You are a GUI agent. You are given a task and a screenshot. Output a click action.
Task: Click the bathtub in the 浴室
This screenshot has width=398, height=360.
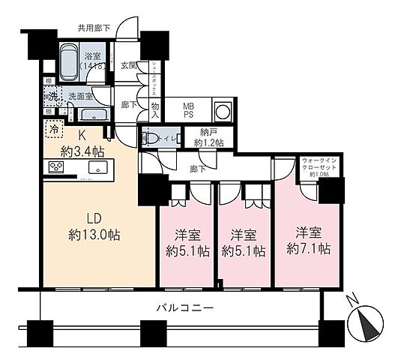(72, 58)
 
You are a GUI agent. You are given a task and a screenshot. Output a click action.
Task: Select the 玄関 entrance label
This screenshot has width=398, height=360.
(130, 66)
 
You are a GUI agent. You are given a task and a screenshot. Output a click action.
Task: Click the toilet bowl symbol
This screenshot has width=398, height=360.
(149, 138)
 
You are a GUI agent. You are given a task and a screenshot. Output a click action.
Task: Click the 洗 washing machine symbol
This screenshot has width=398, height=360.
(52, 95)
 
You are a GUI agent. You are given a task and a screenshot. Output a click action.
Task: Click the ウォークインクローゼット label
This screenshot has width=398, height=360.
(320, 165)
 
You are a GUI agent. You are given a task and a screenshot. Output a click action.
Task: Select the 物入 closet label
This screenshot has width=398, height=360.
(155, 110)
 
